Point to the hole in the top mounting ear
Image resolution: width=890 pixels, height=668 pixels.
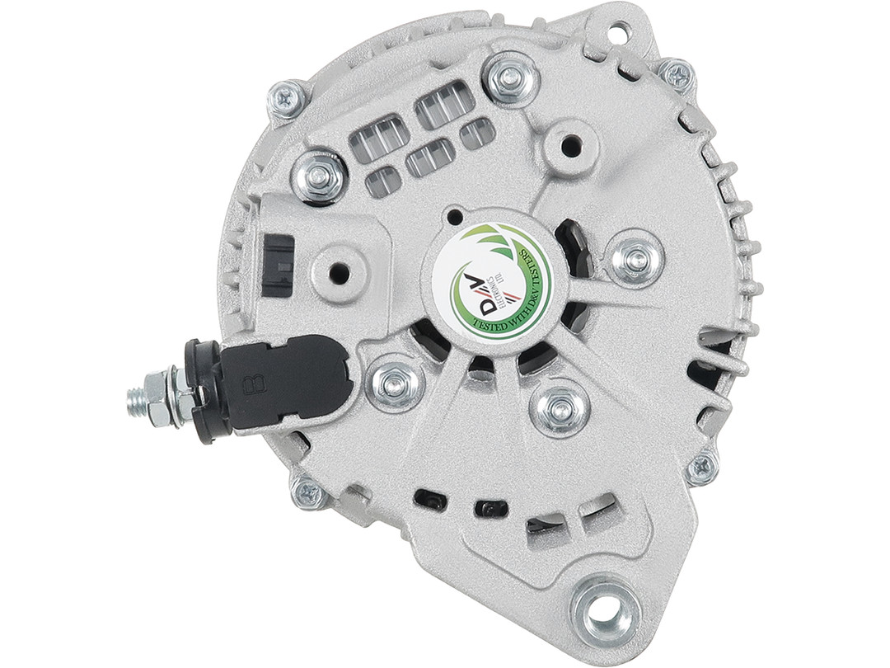619,33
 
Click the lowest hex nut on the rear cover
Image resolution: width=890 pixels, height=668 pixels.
560,407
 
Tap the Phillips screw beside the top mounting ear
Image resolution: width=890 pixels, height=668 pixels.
677,75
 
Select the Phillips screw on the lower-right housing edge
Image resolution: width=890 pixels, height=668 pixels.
701,468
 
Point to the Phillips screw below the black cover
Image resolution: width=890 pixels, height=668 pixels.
311,493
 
